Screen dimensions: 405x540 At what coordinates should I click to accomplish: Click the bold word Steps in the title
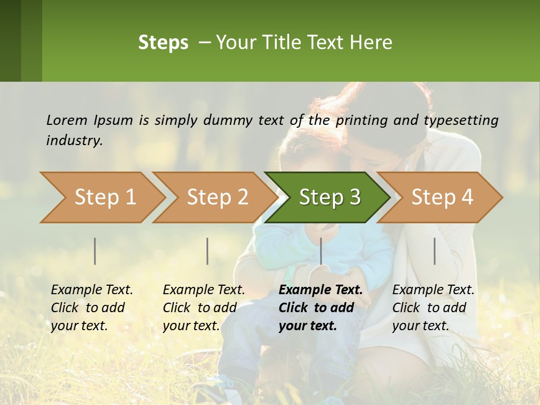[163, 43]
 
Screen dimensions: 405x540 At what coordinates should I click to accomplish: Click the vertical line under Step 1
[95, 251]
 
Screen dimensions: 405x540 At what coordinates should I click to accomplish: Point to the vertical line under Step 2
[208, 251]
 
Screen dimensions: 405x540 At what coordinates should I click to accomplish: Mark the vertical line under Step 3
[321, 251]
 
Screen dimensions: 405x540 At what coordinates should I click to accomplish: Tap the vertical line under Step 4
[435, 251]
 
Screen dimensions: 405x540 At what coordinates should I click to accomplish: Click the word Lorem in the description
[67, 120]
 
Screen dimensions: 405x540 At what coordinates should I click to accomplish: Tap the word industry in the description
[74, 141]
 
